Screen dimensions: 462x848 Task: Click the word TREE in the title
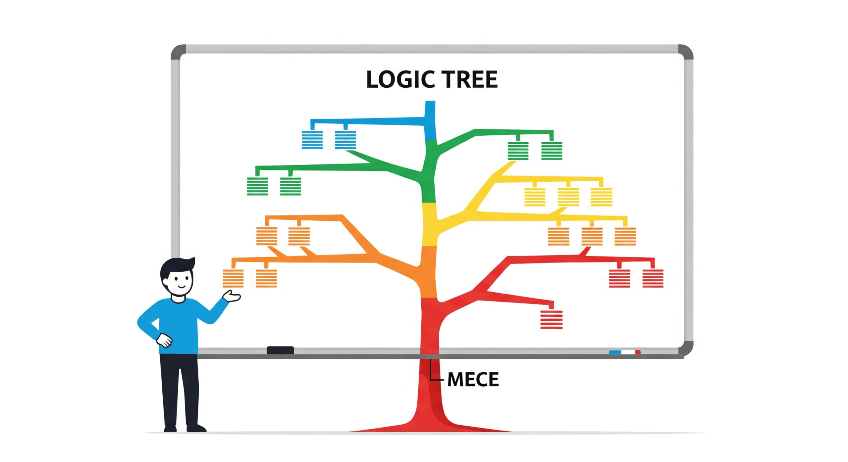pyautogui.click(x=470, y=80)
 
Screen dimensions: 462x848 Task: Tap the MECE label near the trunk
pyautogui.click(x=473, y=379)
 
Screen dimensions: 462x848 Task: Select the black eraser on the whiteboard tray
pyautogui.click(x=280, y=350)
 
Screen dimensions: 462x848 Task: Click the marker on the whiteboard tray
pyautogui.click(x=624, y=352)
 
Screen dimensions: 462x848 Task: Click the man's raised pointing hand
pyautogui.click(x=232, y=296)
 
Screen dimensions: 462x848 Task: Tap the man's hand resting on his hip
pyautogui.click(x=164, y=340)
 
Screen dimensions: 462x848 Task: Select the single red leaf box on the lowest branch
pyautogui.click(x=551, y=319)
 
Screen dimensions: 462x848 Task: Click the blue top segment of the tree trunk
pyautogui.click(x=430, y=121)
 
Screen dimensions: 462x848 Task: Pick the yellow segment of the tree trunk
pyautogui.click(x=430, y=224)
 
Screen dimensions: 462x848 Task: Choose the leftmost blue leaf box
pyautogui.click(x=312, y=140)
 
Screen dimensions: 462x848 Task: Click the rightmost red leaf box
pyautogui.click(x=653, y=278)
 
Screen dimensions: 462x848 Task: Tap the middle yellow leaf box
pyautogui.click(x=568, y=197)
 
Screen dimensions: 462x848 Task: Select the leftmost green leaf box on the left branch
pyautogui.click(x=257, y=186)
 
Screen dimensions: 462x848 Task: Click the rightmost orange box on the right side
pyautogui.click(x=625, y=236)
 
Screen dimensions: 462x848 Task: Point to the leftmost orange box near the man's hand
pyautogui.click(x=233, y=278)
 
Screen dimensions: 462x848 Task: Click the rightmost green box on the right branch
pyautogui.click(x=552, y=151)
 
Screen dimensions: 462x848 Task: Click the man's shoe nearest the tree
pyautogui.click(x=196, y=429)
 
